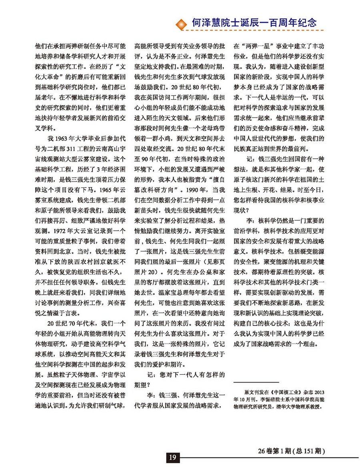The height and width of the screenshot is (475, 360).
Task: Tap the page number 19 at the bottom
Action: click(172, 457)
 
